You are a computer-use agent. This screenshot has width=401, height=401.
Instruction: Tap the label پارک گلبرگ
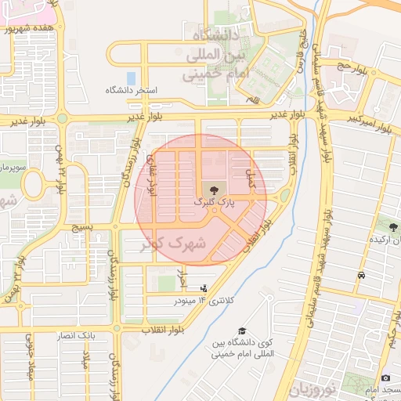point(214,202)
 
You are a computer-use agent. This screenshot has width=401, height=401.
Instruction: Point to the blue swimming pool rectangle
point(131,79)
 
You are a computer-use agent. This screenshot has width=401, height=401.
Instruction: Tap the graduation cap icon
point(243,332)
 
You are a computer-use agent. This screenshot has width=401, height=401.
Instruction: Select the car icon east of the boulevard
point(360,276)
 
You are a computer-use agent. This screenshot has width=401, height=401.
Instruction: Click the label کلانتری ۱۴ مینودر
point(195,300)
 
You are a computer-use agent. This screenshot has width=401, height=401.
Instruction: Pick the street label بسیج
point(81,226)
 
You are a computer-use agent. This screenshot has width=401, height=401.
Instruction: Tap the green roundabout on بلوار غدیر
point(61,119)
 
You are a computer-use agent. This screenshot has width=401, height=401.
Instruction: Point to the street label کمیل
point(251,179)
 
